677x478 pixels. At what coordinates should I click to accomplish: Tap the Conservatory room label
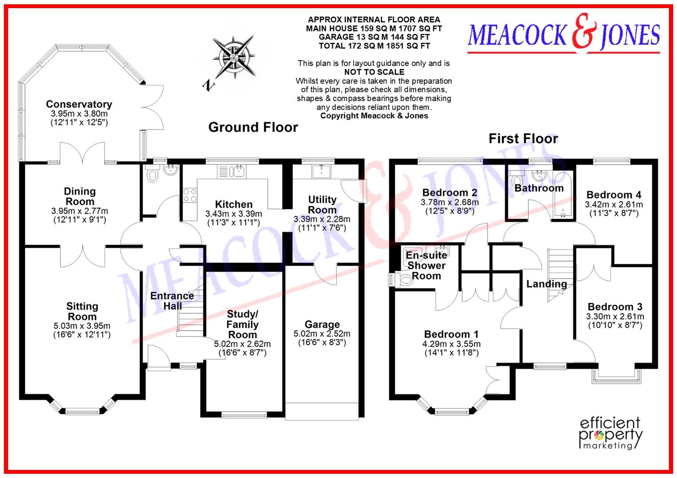(79, 104)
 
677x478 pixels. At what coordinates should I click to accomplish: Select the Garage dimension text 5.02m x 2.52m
(322, 334)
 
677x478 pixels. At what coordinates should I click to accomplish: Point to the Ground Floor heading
(253, 127)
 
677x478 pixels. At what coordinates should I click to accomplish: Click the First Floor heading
(523, 139)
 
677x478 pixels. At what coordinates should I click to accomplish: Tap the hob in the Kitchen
(190, 195)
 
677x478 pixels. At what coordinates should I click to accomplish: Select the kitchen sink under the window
(232, 172)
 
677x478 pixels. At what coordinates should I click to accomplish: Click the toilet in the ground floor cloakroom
(153, 175)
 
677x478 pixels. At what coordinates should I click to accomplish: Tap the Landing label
(546, 284)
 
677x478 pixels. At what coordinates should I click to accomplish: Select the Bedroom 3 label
(615, 307)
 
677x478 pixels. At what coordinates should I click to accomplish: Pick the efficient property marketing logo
(611, 433)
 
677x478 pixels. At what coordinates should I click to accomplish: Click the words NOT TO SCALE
(374, 72)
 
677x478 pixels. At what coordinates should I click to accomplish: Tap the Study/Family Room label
(242, 324)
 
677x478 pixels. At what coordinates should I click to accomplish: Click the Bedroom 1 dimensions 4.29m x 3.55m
(451, 344)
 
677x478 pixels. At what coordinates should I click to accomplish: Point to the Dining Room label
(80, 197)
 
